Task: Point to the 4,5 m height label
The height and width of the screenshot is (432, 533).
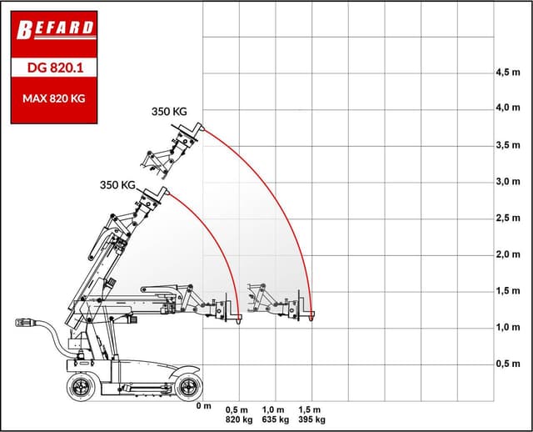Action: (506, 72)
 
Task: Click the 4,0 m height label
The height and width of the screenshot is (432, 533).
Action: (506, 108)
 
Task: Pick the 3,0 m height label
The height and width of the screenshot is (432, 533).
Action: (506, 181)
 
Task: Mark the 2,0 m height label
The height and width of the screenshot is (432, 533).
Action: (506, 254)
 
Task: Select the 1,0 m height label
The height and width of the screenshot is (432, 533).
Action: (506, 327)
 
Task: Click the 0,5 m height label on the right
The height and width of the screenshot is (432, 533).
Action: (506, 364)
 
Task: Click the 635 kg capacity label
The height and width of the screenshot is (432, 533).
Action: (276, 419)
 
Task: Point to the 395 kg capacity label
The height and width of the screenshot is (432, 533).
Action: (312, 419)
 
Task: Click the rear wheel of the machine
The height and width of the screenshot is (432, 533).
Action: (81, 385)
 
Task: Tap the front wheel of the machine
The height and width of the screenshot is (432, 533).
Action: (187, 385)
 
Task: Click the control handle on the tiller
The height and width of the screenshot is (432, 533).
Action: (27, 322)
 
